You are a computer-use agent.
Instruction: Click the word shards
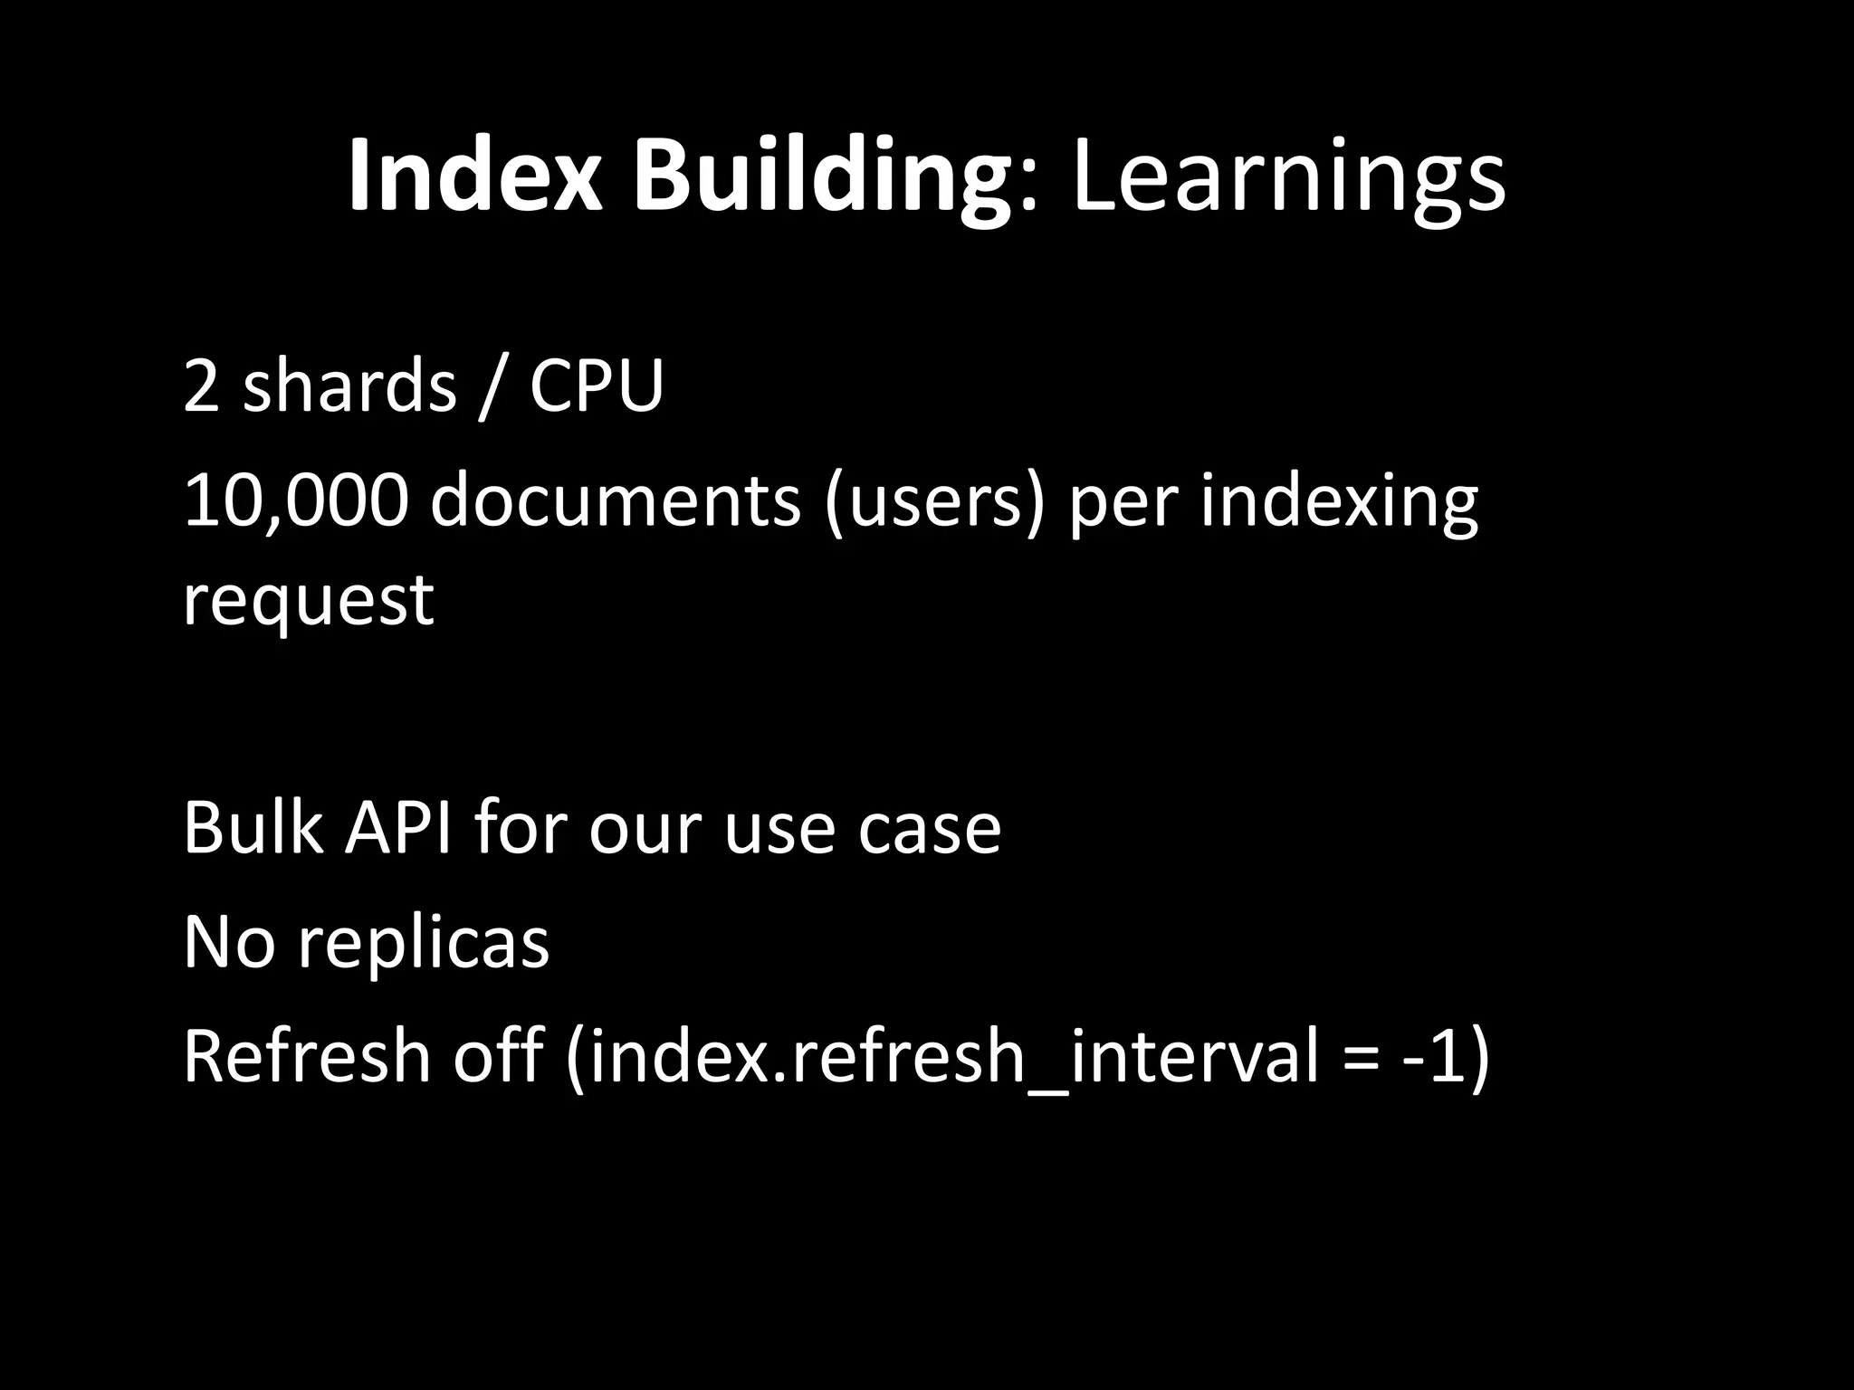point(349,386)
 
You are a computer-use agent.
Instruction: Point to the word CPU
point(597,386)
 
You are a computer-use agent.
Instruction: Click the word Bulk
point(253,827)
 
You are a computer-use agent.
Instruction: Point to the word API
point(397,827)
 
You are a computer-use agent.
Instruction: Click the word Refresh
point(307,1057)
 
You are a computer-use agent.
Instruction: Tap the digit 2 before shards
point(201,386)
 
